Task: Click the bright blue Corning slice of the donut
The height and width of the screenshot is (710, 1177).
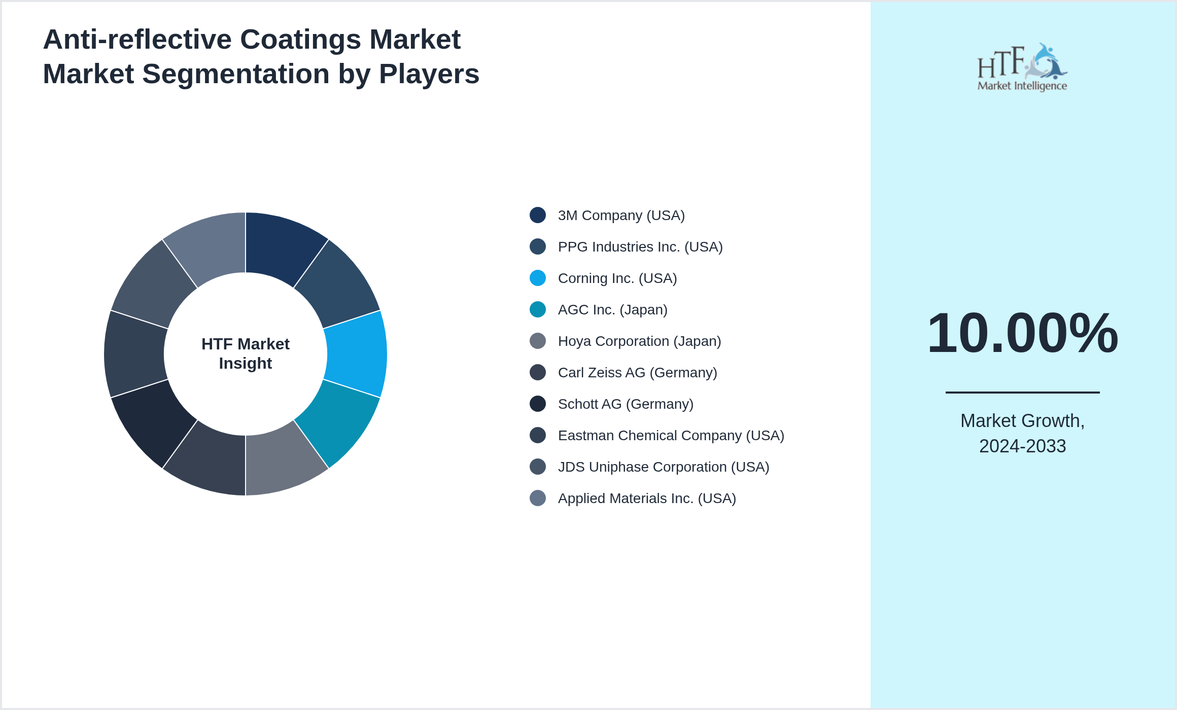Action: coord(356,354)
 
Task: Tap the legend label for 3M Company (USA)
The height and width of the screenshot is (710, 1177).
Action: coord(621,216)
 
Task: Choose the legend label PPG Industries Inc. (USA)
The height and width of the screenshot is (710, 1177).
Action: coord(640,247)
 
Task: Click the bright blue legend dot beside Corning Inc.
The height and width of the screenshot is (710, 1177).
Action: coord(538,278)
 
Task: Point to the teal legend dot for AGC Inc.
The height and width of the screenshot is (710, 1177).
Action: coord(538,309)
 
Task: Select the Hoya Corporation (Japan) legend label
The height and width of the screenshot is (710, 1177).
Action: coord(639,341)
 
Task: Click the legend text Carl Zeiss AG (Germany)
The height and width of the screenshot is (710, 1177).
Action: coord(637,373)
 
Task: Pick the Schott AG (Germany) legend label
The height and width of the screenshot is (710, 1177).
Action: coord(625,404)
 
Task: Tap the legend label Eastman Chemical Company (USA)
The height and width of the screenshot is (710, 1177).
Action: coord(671,436)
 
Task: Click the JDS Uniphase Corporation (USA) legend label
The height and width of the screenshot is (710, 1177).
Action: coord(663,467)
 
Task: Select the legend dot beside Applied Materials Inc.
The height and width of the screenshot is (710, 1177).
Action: coord(538,498)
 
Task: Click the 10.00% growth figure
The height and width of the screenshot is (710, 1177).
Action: coord(1022,333)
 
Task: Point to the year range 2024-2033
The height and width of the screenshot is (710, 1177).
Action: coord(1022,446)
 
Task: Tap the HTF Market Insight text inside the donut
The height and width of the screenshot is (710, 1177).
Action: coord(246,353)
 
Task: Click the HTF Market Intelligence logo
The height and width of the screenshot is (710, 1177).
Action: coord(1022,67)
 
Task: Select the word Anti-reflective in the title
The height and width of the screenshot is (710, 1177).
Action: coord(137,40)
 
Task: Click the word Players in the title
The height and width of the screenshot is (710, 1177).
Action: coord(429,74)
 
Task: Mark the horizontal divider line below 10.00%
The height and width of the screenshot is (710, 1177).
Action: coord(1022,392)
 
